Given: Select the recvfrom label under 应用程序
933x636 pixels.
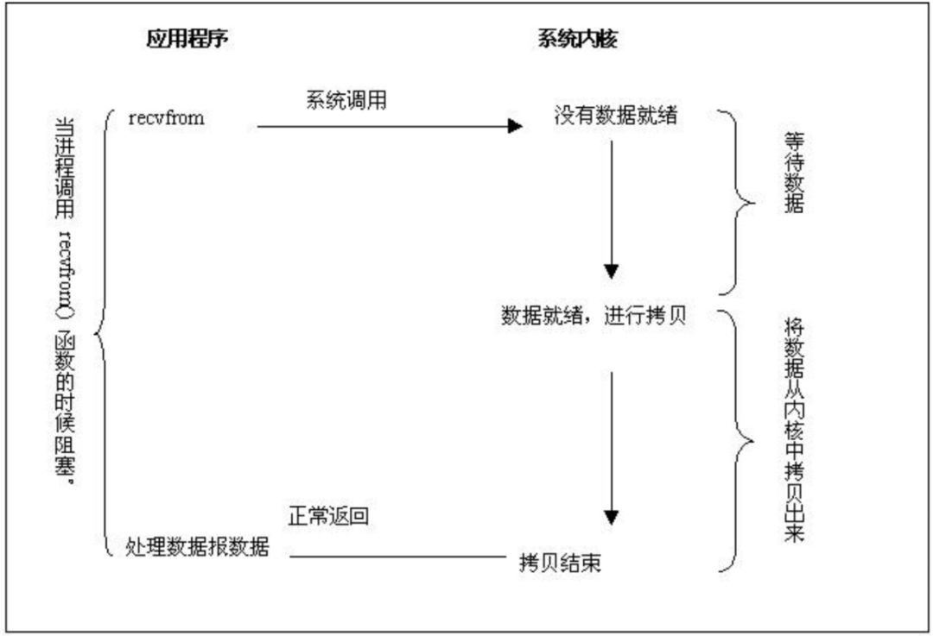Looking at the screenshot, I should point(166,118).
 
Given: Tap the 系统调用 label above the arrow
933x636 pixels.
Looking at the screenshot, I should point(346,100).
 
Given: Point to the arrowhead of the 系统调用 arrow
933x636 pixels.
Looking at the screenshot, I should point(516,127).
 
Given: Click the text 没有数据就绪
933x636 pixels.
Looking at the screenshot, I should point(615,116).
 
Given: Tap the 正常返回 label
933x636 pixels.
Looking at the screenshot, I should point(328,517).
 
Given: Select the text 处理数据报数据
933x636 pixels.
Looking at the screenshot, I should point(197,547).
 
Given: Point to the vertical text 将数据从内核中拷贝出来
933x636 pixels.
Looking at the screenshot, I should point(793,428).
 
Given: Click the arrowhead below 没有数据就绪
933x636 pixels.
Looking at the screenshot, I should point(612,271).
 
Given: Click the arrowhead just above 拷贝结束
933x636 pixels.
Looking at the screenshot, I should point(612,518).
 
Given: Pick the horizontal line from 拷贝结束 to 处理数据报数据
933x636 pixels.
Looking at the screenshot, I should point(397,557).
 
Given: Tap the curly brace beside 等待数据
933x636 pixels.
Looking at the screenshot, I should point(737,204).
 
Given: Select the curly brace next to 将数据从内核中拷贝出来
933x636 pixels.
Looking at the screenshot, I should point(737,440).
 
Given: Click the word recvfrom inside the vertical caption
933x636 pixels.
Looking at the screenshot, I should point(64,263).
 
